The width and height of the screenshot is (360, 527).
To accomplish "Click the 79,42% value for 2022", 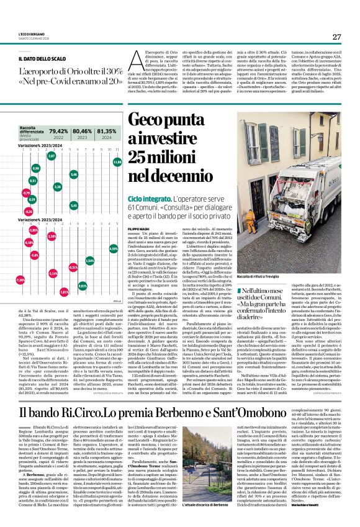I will point(58,132).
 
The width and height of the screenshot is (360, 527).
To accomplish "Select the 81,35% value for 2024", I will point(106,132).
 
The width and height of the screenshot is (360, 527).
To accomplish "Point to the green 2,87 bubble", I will point(52,155).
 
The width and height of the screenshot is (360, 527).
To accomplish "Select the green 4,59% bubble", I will point(113,248).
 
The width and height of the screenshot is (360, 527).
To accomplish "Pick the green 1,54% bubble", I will point(90,261).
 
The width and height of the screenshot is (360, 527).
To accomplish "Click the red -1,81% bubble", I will point(64,291).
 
